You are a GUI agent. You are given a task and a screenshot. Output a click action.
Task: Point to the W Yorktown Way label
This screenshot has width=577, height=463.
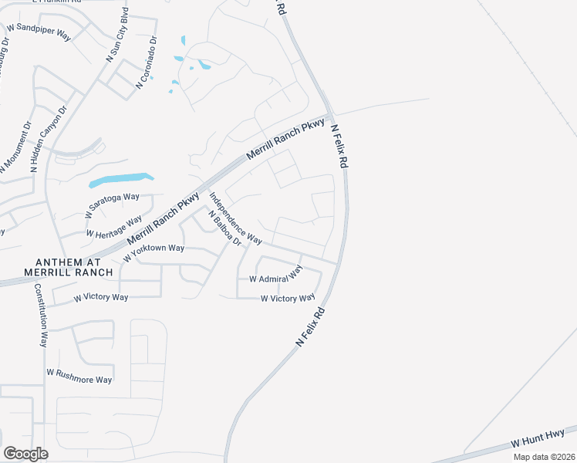pos(154,248)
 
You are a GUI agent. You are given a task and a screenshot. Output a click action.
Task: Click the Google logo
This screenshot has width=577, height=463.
pos(25,453)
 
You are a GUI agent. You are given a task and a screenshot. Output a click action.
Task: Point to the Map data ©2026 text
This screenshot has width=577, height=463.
pos(544,457)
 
